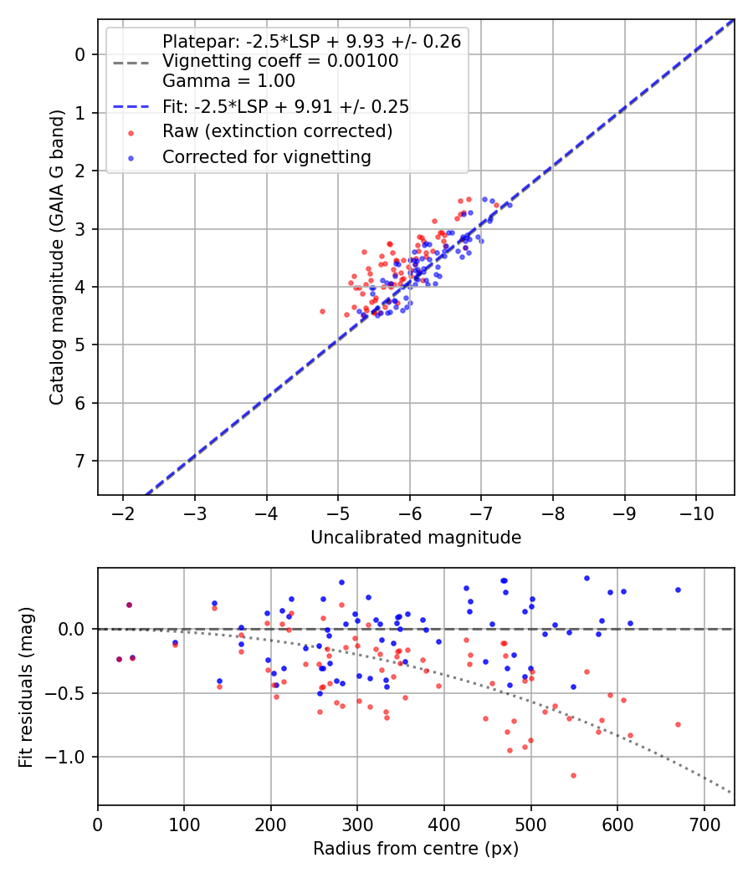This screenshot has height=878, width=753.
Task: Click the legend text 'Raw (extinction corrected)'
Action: pos(277,131)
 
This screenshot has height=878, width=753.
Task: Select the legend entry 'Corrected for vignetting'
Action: pos(266,156)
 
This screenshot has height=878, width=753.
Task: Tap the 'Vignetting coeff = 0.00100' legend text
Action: pos(279,61)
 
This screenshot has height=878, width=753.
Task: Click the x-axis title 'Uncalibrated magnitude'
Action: pos(416,538)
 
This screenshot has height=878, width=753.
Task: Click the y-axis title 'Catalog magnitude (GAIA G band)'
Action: pos(56,258)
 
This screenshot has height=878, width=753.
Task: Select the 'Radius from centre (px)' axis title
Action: pos(416,849)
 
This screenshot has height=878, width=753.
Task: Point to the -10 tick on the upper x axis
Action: pos(696,512)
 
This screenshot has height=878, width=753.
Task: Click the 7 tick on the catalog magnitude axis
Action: pos(81,462)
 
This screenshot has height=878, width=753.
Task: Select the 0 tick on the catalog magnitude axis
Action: pos(81,54)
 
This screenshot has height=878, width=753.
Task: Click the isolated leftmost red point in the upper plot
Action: pos(322,311)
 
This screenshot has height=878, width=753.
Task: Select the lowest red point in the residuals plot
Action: pos(573,775)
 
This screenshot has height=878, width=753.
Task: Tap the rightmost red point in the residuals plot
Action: pos(678,724)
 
